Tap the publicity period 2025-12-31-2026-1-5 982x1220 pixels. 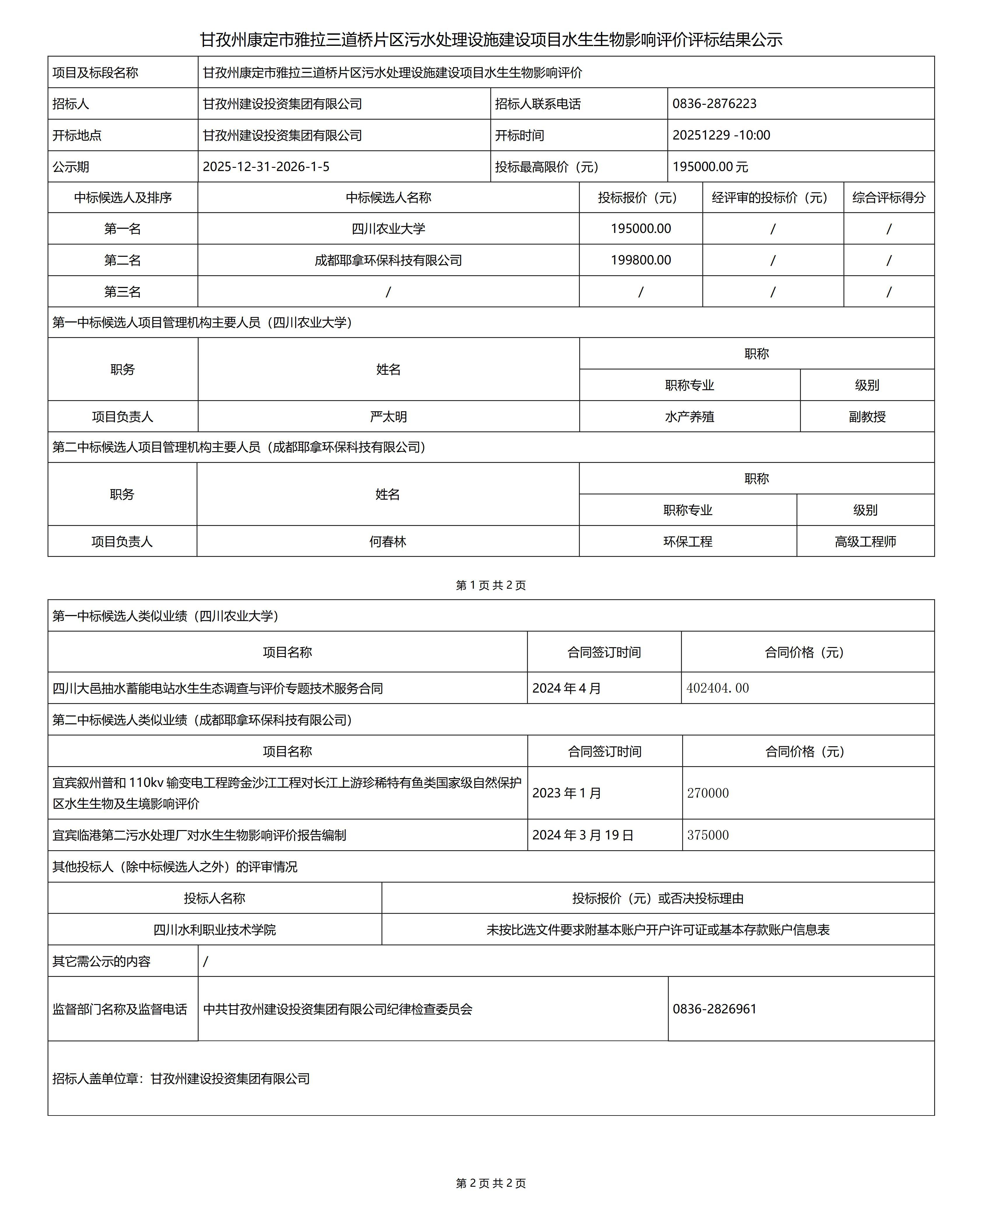266,167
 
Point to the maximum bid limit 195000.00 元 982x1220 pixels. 710,167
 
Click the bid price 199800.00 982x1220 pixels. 640,260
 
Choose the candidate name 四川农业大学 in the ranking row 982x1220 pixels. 388,229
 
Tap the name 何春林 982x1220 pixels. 388,542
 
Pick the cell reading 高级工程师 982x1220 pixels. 865,542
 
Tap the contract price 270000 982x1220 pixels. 708,793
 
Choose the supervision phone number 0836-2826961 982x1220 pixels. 715,1009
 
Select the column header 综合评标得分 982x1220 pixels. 888,198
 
